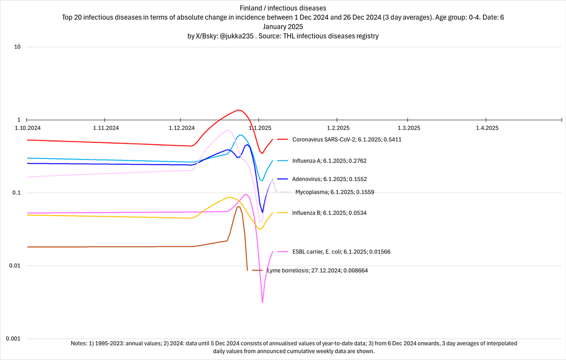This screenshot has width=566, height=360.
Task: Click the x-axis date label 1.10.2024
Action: click(27, 128)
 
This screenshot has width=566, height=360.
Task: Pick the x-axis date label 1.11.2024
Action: click(105, 128)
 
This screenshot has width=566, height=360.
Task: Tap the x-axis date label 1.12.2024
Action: click(182, 128)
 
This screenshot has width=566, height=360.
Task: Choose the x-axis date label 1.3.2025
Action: click(408, 128)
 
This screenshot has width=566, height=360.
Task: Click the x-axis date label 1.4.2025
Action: click(486, 128)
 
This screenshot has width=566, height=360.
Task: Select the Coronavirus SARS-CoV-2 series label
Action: click(347, 140)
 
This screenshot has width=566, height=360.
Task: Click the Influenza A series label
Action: click(329, 161)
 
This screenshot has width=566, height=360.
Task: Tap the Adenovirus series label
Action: click(329, 179)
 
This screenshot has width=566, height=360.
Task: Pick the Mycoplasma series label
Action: click(334, 192)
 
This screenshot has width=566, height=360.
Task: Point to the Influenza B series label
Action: click(329, 213)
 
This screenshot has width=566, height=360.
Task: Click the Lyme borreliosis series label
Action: click(317, 270)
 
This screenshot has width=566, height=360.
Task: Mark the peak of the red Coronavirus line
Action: click(239, 110)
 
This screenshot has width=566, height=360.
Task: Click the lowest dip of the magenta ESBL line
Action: click(262, 302)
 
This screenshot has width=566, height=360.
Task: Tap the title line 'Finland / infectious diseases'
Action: click(283, 8)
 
